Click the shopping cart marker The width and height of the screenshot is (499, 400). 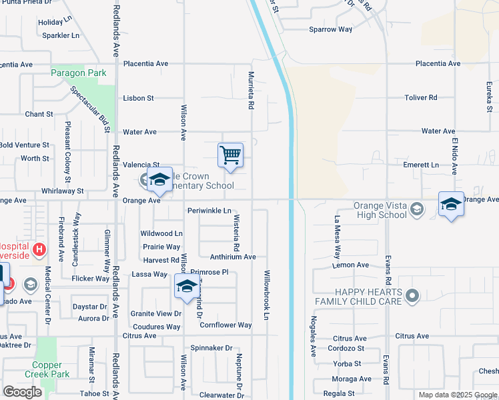tap(230, 155)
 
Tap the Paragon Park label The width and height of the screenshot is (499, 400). tap(79, 73)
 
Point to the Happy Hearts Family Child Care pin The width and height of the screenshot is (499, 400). tap(412, 295)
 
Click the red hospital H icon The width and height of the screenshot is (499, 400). tap(39, 250)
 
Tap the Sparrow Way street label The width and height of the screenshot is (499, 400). tap(330, 29)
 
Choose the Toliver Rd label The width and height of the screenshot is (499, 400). tap(420, 97)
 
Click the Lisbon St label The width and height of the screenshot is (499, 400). tap(138, 98)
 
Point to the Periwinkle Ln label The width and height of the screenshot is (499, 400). tap(209, 211)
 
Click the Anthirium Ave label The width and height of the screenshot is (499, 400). tap(233, 257)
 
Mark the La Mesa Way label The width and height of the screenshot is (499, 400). tap(338, 237)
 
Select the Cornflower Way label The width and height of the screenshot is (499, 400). tap(225, 325)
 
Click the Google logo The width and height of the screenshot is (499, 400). tap(23, 392)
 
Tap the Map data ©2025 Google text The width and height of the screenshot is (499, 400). tap(458, 395)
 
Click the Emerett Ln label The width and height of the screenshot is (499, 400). tap(421, 165)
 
